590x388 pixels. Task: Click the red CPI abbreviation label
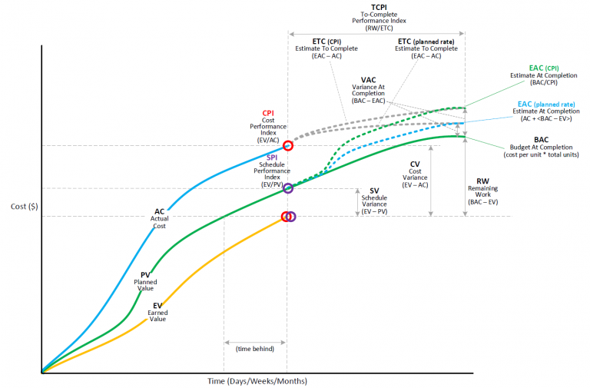[267, 112]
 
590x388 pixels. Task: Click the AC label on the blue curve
[160, 211]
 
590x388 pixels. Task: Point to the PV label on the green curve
[145, 274]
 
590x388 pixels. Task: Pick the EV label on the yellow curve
[157, 305]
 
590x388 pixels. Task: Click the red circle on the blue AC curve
[288, 145]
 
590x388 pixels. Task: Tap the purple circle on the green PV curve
[288, 188]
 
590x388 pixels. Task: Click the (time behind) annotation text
[255, 348]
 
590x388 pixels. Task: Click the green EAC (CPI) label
[545, 68]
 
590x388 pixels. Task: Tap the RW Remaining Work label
[482, 181]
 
